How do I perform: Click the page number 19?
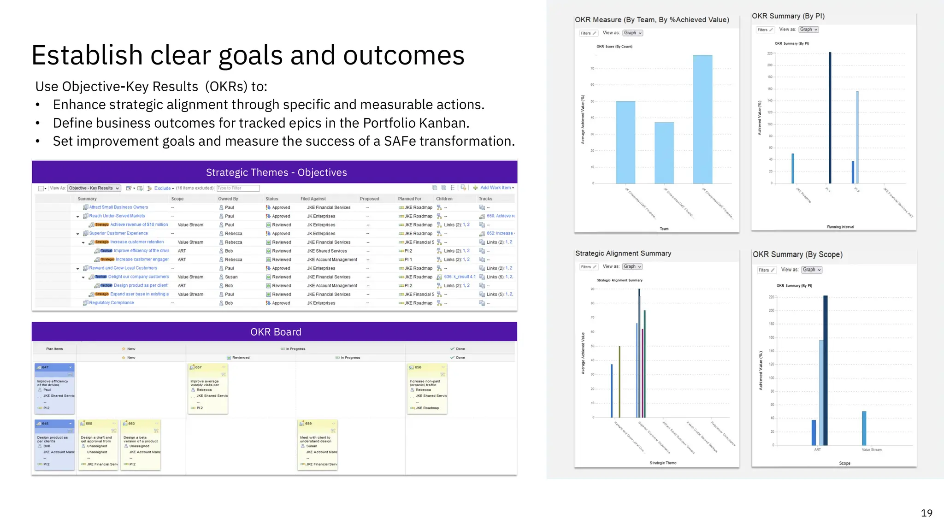pos(926,513)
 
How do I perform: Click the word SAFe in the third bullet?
pos(400,141)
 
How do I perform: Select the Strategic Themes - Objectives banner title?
pos(276,172)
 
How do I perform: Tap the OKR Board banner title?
pos(276,332)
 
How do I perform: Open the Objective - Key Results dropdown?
pos(94,188)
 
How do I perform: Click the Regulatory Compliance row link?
pos(112,303)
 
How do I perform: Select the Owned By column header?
pos(228,199)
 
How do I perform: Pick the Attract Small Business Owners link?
pos(118,207)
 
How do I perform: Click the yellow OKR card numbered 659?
pos(318,445)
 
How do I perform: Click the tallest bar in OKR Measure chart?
pos(702,120)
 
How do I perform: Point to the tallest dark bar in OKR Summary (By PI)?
pos(830,118)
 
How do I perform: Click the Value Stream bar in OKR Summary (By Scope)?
pos(864,428)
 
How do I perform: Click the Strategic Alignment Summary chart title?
pos(623,254)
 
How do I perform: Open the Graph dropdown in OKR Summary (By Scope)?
pos(811,270)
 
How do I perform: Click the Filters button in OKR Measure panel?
pos(588,33)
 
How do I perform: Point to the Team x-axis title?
pos(664,229)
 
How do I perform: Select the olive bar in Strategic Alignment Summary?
pos(619,382)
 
